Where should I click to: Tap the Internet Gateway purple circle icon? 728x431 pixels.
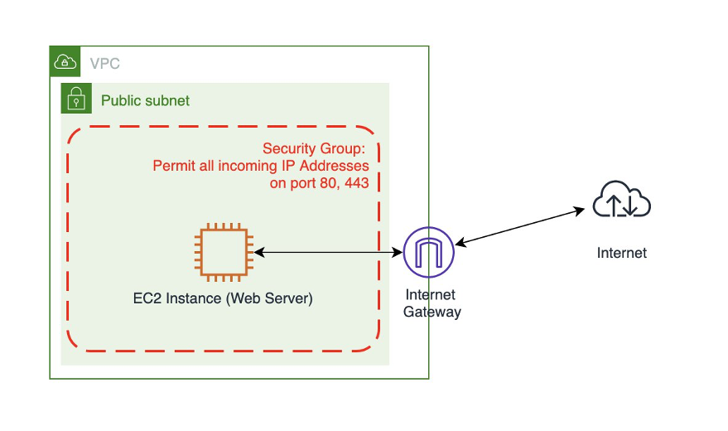(x=428, y=251)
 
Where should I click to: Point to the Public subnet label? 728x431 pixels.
(x=145, y=101)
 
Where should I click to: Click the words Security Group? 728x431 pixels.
(x=314, y=149)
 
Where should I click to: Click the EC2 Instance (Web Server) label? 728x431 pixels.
(x=223, y=298)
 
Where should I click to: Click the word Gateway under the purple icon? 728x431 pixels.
(x=431, y=312)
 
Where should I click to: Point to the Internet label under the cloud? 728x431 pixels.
(x=622, y=253)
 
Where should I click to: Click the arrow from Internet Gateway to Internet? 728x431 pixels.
(x=520, y=226)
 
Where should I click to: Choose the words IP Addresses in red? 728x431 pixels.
(x=323, y=167)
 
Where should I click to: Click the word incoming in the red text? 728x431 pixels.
(x=246, y=167)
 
